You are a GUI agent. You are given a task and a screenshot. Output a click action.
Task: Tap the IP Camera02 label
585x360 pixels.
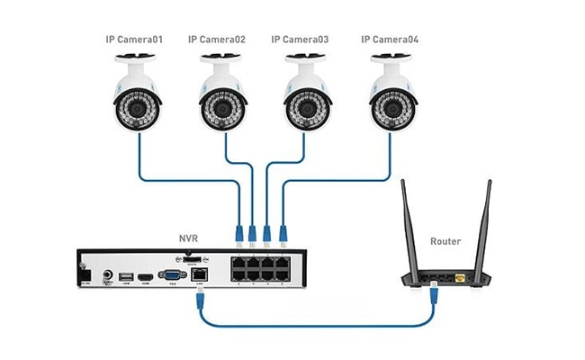pos(217,40)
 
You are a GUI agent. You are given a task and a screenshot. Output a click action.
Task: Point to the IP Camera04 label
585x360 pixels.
pos(389,40)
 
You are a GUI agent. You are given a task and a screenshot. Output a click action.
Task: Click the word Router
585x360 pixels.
pos(445,241)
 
